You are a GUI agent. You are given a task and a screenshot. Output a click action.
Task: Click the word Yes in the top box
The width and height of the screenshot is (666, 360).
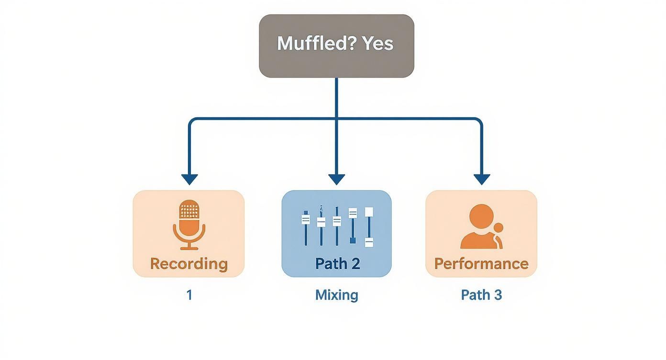(x=377, y=44)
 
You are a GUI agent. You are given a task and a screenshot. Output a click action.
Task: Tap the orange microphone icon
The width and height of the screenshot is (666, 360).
(x=189, y=224)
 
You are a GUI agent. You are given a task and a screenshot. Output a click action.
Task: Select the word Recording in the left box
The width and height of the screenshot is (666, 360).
(x=189, y=264)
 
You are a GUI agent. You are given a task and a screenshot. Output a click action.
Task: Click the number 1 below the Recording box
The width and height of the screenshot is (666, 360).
(x=189, y=295)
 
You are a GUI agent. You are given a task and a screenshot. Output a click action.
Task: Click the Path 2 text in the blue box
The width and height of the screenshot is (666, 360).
(x=337, y=264)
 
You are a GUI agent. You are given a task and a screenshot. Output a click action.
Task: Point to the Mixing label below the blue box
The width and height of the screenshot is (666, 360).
(x=337, y=295)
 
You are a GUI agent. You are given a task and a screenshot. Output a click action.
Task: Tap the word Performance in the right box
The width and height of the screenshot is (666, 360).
(x=481, y=264)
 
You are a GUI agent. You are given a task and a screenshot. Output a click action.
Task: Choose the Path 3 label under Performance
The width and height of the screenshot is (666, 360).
(x=481, y=295)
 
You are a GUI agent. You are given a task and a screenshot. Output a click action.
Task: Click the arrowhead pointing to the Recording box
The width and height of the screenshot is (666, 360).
(x=189, y=180)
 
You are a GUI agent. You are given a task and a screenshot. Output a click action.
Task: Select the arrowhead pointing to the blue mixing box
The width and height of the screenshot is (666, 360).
(x=337, y=180)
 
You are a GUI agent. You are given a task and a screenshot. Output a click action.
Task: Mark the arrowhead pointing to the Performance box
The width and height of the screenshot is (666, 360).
(x=482, y=180)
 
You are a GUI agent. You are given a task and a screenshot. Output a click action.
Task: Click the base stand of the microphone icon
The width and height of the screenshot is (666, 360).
(x=189, y=247)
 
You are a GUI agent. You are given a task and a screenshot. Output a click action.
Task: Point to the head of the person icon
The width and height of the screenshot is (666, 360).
(x=481, y=216)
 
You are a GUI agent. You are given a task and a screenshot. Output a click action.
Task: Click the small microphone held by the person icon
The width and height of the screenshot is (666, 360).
(x=499, y=228)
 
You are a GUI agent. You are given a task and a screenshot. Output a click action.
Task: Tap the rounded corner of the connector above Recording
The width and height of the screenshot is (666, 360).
(x=192, y=121)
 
